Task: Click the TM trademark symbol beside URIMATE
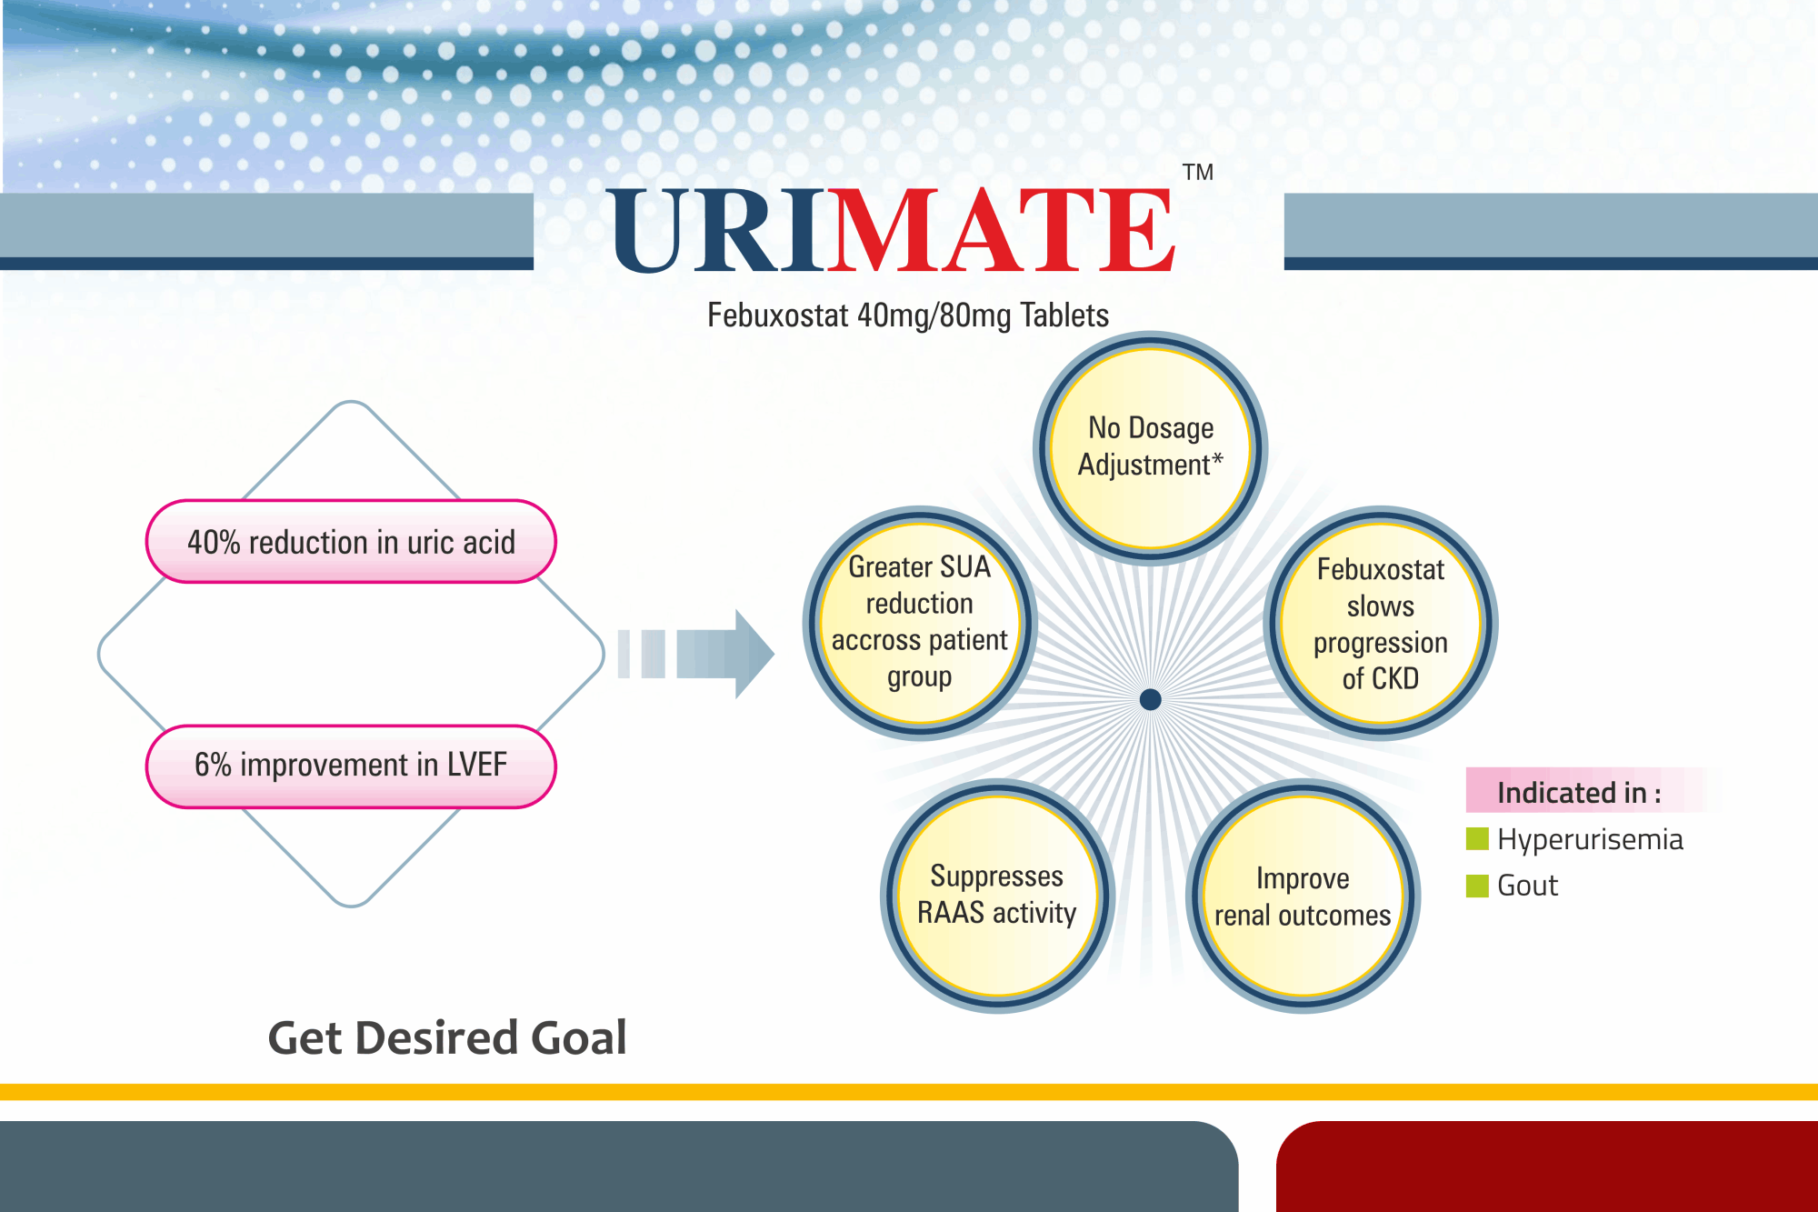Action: click(1198, 172)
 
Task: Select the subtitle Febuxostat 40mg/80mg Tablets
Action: click(908, 316)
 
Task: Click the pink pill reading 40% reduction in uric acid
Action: click(351, 541)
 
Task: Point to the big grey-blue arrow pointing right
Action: click(696, 654)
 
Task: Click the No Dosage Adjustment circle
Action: click(1151, 447)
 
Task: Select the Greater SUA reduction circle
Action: click(920, 623)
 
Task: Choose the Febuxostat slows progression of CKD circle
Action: click(1381, 623)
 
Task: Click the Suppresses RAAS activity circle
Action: click(997, 896)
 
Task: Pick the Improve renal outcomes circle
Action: click(1303, 896)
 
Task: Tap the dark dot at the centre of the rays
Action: click(1150, 699)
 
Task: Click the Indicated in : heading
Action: click(1579, 792)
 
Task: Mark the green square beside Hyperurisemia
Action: click(1477, 838)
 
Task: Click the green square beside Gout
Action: click(1477, 885)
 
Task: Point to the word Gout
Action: click(1527, 886)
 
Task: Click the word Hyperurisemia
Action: click(1590, 839)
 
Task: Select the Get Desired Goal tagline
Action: click(447, 1038)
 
